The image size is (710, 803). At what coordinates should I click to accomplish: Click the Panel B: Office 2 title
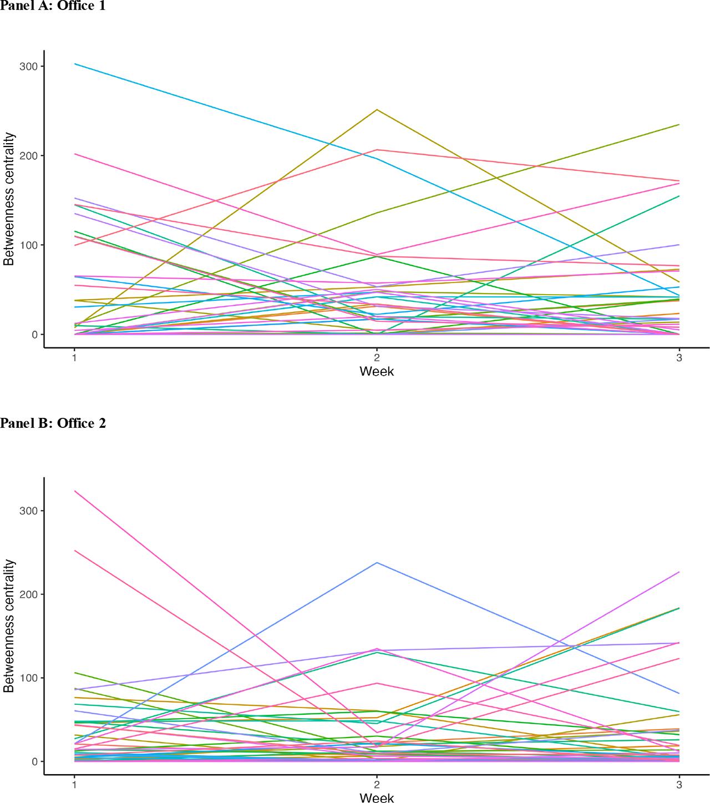click(52, 423)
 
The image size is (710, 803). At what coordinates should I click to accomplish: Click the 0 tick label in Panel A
click(34, 335)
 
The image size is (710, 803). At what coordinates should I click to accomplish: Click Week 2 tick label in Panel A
click(377, 358)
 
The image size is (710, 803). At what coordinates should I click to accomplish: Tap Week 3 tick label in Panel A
click(679, 358)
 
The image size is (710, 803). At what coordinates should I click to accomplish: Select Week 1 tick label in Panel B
click(74, 785)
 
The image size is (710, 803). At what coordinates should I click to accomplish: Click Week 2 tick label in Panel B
click(377, 785)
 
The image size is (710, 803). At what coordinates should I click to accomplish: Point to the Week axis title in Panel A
click(377, 371)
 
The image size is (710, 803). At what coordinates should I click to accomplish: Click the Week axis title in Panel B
click(377, 797)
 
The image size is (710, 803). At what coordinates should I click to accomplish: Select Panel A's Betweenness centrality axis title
click(9, 200)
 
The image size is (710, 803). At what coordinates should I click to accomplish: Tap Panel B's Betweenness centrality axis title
click(9, 626)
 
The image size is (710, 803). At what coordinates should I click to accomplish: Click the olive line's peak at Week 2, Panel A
click(377, 109)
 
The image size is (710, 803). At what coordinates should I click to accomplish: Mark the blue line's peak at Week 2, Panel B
click(377, 563)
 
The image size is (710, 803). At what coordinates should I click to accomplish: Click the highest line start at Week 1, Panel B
click(74, 491)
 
